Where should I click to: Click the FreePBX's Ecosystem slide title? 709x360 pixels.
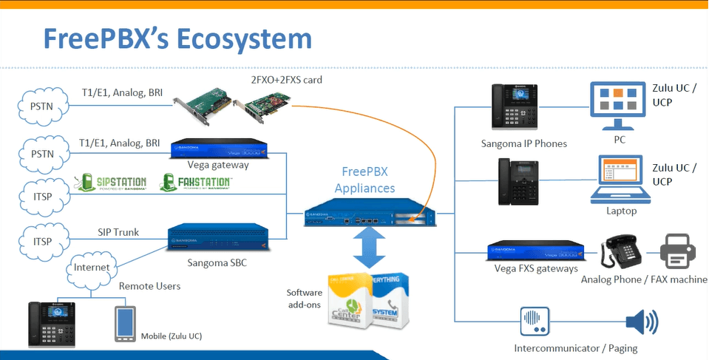point(177,38)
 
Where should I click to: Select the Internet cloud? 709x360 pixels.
point(92,267)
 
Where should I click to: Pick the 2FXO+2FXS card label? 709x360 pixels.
point(286,79)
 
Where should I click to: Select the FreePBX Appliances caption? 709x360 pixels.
point(364,180)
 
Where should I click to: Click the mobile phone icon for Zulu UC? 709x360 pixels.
point(124,323)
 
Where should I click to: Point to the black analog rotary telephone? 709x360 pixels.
point(623,253)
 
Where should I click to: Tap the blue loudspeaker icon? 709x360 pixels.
point(641,322)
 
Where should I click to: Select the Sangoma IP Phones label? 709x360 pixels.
point(523,143)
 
